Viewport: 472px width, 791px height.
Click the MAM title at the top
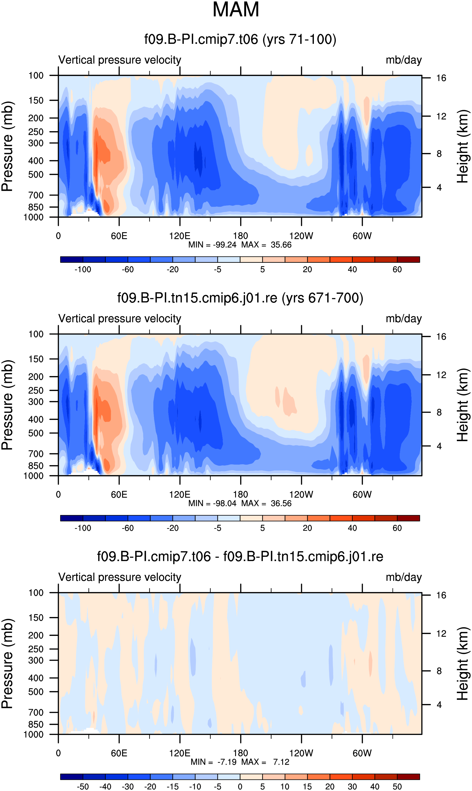[236, 10]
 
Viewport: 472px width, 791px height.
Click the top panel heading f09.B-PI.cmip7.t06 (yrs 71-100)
[240, 39]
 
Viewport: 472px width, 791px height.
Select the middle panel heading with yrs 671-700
[240, 298]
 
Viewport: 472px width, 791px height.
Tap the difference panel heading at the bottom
[240, 557]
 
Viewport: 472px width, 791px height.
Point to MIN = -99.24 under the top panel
[212, 245]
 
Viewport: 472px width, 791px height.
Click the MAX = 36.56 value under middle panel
[267, 503]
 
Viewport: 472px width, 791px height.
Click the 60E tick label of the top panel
[119, 236]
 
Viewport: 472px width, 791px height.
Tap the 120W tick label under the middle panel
[301, 495]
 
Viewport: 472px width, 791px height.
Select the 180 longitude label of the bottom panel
[241, 753]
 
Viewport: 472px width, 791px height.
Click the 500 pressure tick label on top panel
[36, 175]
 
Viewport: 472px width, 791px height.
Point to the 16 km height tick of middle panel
[441, 337]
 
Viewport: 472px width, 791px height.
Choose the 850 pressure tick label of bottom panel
[36, 724]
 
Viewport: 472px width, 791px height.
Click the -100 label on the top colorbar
[83, 269]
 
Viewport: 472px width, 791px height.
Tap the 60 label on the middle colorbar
[397, 528]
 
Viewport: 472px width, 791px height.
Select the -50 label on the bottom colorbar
[83, 786]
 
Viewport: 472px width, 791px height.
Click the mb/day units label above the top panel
[404, 60]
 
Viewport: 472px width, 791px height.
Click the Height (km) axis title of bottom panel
[463, 663]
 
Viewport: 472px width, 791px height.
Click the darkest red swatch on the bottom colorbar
[408, 777]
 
